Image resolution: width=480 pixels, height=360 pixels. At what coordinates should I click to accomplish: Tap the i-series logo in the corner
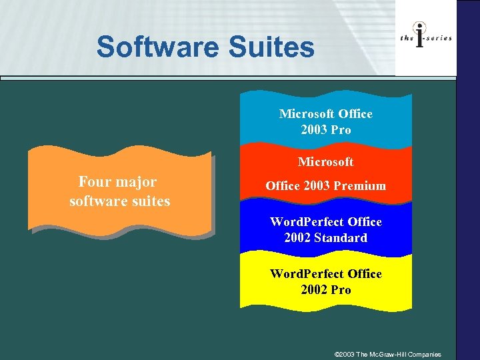click(426, 38)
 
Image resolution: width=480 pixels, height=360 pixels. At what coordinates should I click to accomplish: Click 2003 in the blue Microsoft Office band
click(313, 130)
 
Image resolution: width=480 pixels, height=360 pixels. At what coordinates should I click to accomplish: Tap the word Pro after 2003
click(341, 130)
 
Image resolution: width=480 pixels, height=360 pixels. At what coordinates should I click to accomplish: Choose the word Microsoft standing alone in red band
click(326, 162)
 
